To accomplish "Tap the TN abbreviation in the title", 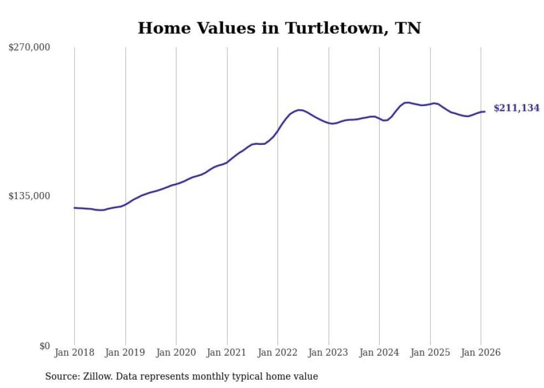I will click(408, 28).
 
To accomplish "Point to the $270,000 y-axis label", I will click(29, 48).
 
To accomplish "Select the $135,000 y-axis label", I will click(29, 196).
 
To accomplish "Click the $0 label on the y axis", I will click(44, 346).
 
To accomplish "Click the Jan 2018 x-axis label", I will click(74, 353).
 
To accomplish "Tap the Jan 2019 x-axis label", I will click(125, 353).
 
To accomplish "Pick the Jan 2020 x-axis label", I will click(176, 353).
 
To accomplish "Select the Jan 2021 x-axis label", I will click(227, 353).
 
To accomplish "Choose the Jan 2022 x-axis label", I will click(278, 353).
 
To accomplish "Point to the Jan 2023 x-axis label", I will click(329, 353).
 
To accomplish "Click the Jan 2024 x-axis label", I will click(379, 353).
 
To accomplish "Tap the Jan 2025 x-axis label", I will click(430, 353).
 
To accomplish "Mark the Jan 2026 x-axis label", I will click(481, 353).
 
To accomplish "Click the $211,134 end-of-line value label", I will click(516, 108).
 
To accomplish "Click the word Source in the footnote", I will click(61, 377).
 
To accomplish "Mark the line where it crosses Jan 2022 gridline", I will click(278, 130).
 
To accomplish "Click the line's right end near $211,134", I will click(485, 112).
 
